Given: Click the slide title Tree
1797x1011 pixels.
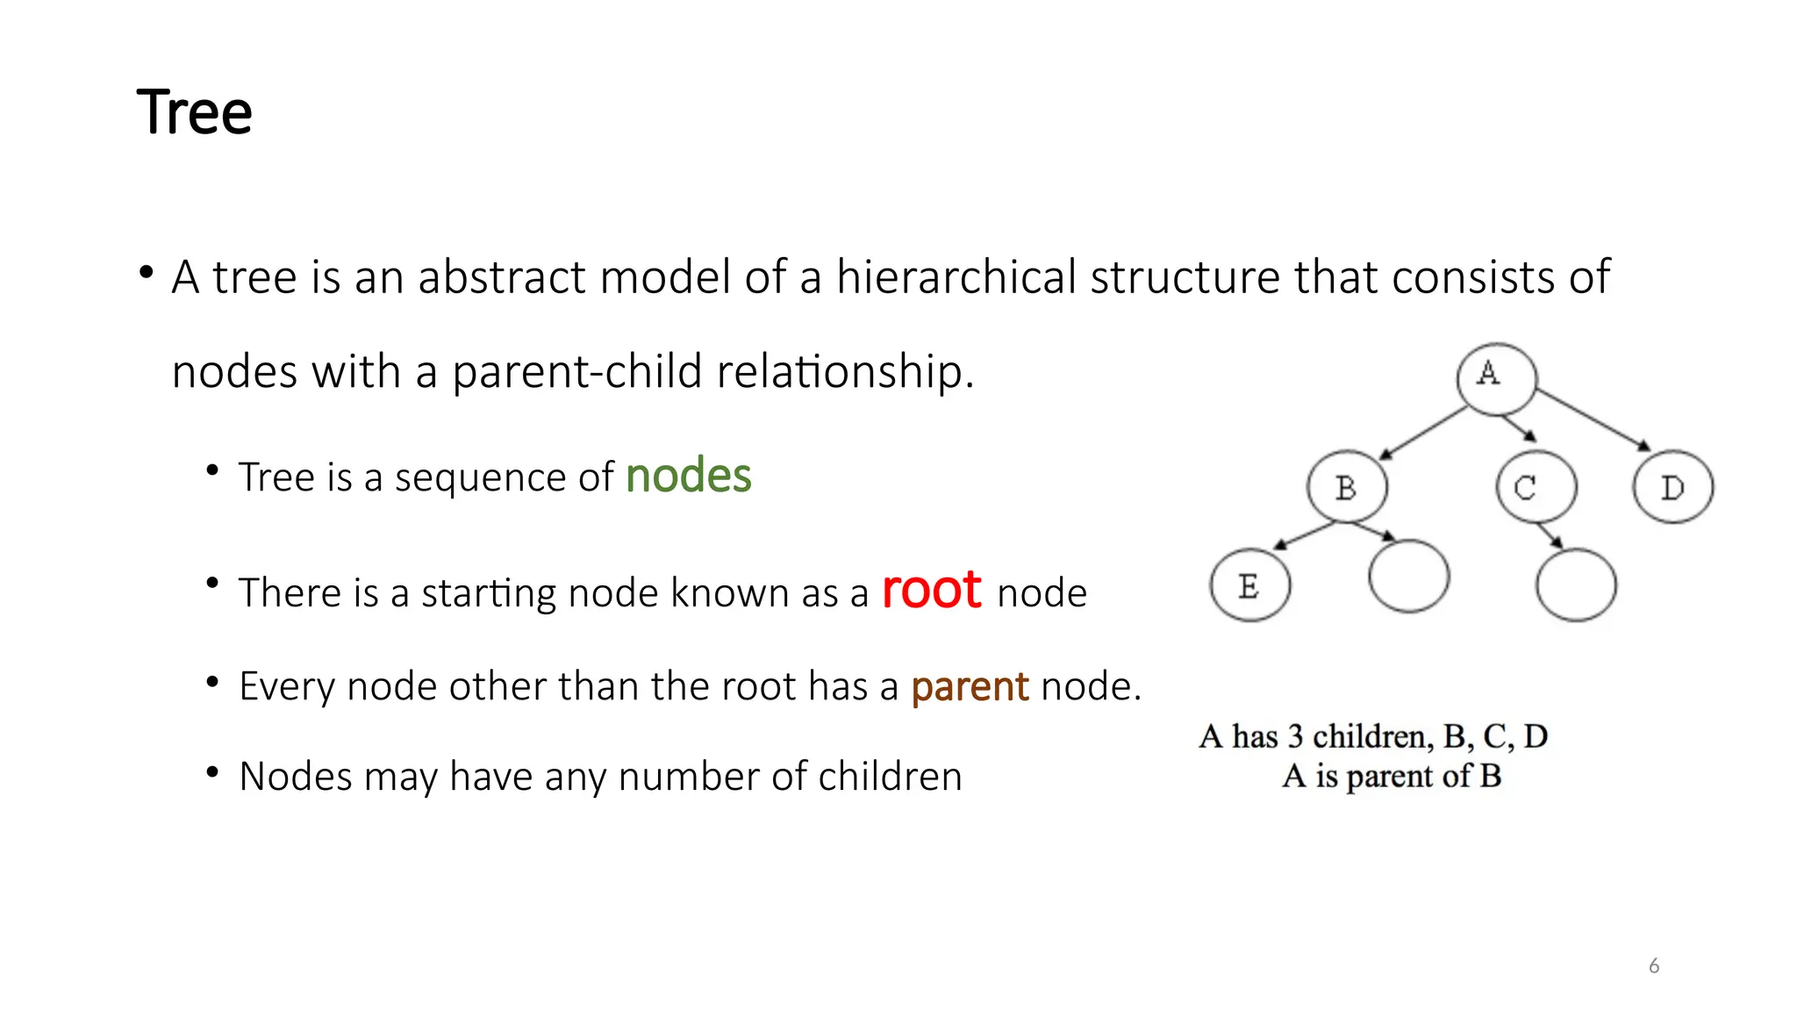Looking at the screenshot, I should tap(195, 113).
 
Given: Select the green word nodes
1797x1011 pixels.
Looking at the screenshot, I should tap(689, 477).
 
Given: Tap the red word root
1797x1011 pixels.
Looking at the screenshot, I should tap(931, 590).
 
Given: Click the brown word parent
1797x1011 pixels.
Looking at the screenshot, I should tap(970, 686).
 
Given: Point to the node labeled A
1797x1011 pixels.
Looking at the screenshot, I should tap(1496, 378).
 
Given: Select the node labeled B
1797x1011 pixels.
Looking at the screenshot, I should tap(1347, 487).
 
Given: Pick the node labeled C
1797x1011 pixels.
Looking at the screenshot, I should tap(1536, 487).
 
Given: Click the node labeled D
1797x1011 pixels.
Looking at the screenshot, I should tap(1672, 487).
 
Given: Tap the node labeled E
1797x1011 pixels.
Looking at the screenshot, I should tap(1249, 585).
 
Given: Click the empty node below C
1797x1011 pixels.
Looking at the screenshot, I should tap(1576, 585).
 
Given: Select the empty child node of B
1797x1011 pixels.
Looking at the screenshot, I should tap(1408, 577).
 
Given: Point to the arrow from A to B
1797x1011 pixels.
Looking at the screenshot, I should tap(1423, 434).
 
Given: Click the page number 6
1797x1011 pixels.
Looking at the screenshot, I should tap(1654, 966).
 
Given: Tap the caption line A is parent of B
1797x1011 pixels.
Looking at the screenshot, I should tap(1392, 777).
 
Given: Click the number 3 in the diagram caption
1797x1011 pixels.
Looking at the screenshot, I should tap(1295, 736).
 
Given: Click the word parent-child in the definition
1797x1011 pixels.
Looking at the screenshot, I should tap(577, 372).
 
